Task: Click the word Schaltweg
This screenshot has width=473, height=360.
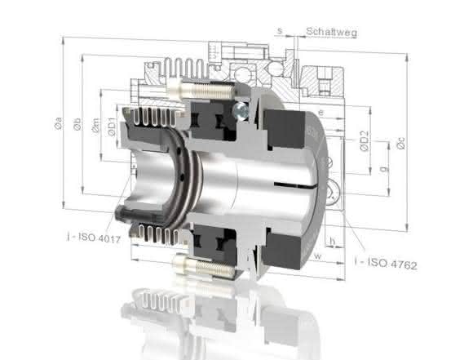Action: (332, 32)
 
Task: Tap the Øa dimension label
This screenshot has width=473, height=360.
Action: (59, 123)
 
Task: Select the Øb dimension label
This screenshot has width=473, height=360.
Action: (77, 124)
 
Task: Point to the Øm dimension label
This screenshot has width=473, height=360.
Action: (95, 126)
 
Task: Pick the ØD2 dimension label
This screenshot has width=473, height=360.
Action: (365, 140)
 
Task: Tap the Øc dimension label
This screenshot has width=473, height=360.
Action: (401, 143)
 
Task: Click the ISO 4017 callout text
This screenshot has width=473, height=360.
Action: (94, 237)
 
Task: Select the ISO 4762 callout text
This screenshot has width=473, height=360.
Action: (386, 264)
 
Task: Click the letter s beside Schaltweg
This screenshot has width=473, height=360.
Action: (280, 31)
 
